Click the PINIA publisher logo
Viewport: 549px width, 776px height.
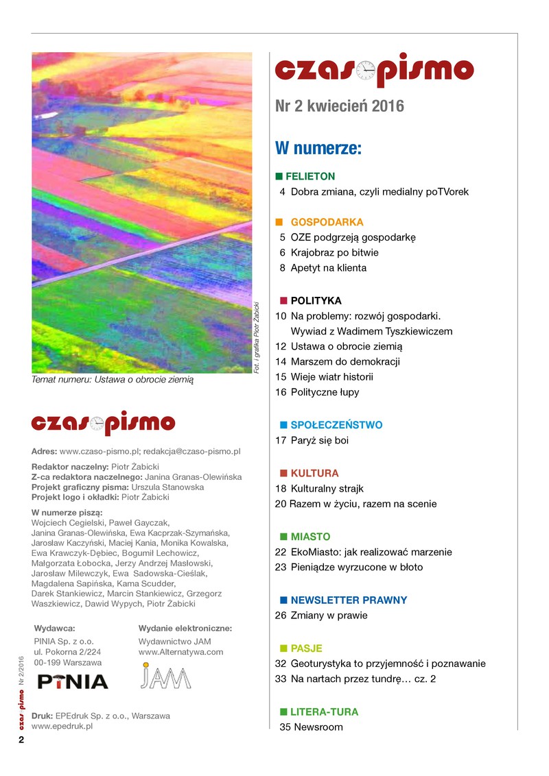73,681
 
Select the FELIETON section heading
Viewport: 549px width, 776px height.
310,176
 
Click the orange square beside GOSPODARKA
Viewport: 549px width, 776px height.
279,222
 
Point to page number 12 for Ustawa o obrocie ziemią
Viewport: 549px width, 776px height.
281,346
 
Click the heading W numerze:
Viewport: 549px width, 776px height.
318,148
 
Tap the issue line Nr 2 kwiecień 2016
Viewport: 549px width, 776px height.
339,107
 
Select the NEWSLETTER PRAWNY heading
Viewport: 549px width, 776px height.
349,601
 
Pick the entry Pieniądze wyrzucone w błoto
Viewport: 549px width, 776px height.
357,567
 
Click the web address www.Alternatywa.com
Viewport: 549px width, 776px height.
180,652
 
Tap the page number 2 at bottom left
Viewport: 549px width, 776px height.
21,741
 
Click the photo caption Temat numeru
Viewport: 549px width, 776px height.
113,378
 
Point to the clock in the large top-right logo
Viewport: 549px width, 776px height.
366,70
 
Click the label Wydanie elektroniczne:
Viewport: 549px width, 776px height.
185,628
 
